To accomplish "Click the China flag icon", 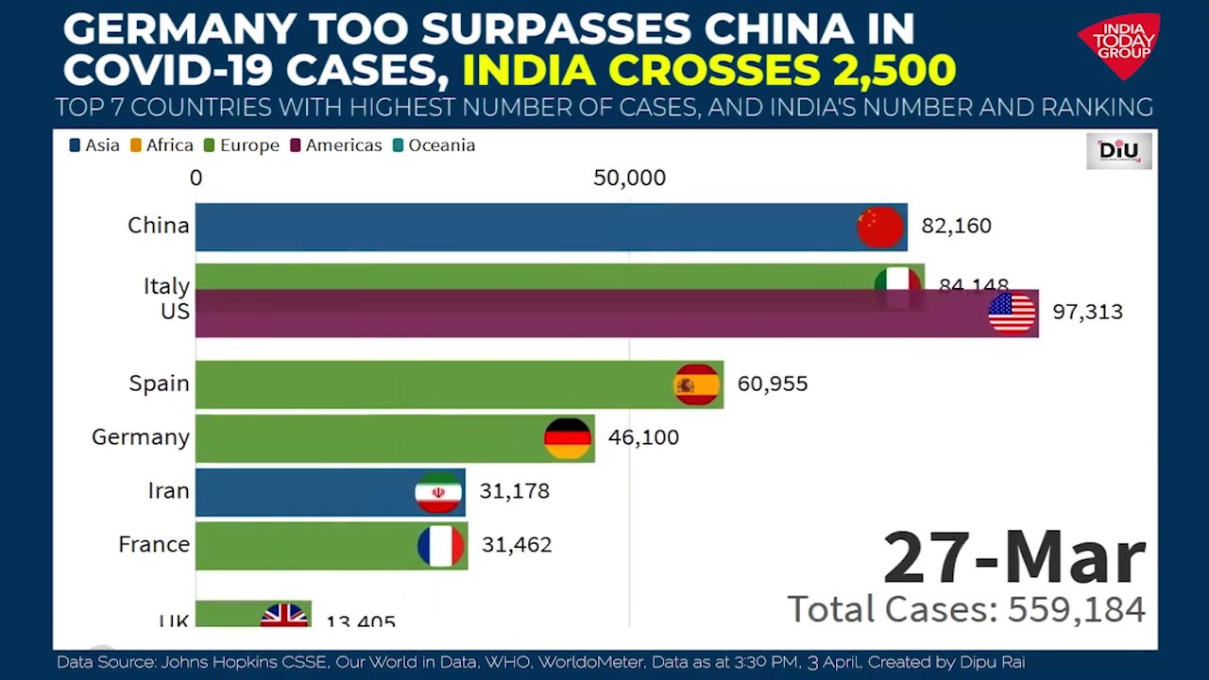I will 880,227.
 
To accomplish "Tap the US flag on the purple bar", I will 1012,313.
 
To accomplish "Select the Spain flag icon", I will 697,384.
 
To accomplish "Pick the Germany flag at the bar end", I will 568,438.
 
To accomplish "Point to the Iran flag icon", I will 438,492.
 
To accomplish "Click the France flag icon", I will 441,546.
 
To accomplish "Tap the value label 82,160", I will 956,227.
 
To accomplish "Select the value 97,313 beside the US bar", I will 1087,313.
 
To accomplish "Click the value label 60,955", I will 772,384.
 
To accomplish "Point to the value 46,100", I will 643,438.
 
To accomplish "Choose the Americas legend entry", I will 335,145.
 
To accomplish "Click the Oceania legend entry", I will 434,145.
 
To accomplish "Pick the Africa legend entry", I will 162,145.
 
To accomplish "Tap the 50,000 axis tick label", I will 629,178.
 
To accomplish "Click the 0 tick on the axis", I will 196,178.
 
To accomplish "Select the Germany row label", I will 141,438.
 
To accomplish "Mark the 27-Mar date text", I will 1013,558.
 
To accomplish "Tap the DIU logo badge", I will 1118,151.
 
